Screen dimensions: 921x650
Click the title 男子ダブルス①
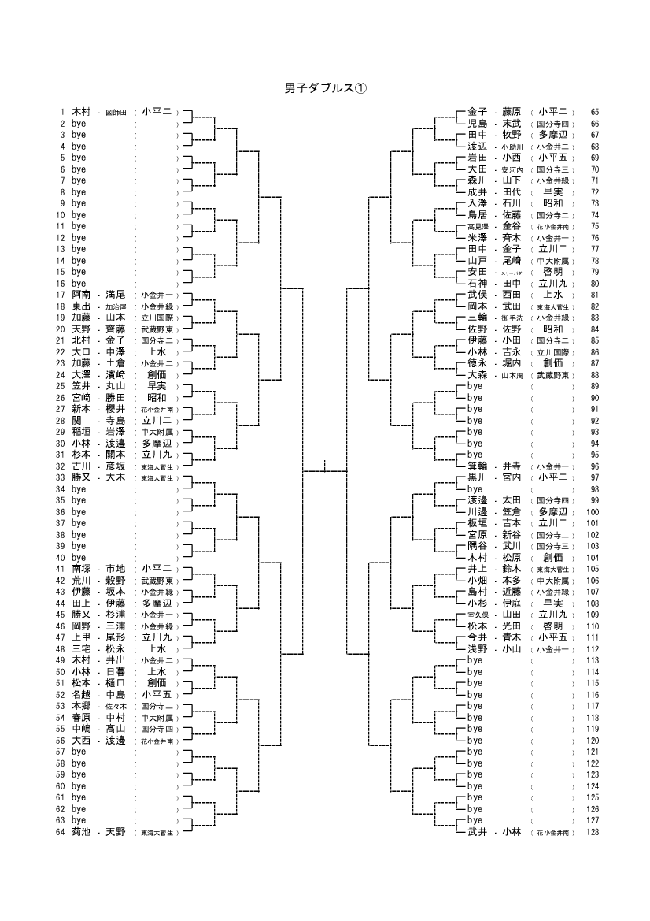click(325, 88)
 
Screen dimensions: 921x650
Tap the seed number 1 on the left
click(61, 113)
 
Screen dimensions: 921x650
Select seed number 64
click(59, 832)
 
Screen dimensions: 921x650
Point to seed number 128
click(593, 832)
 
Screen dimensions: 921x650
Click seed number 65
click(594, 113)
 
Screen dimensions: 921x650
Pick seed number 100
click(593, 512)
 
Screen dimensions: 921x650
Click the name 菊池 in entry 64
click(81, 832)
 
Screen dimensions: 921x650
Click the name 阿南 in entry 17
click(81, 295)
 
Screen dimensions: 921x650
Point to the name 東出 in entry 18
click(81, 306)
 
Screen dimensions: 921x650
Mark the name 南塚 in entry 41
click(81, 569)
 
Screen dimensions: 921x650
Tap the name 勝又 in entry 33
click(81, 477)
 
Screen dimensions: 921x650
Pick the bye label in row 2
click(79, 124)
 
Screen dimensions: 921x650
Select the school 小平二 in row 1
click(157, 113)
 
